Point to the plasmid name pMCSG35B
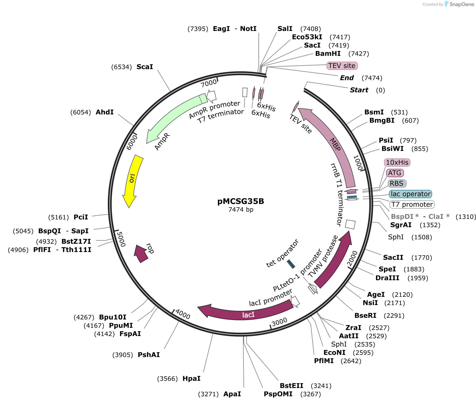(240, 201)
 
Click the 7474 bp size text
(240, 209)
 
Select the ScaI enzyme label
(145, 67)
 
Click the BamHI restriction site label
(328, 54)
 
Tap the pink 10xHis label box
(397, 162)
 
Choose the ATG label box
(394, 173)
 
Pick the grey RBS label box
(397, 183)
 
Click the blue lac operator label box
(410, 194)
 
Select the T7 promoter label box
(412, 204)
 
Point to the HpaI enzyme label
(191, 379)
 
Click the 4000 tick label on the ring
(183, 314)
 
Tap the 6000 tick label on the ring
(132, 142)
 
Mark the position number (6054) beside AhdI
(80, 112)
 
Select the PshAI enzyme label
(149, 355)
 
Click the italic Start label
(359, 90)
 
